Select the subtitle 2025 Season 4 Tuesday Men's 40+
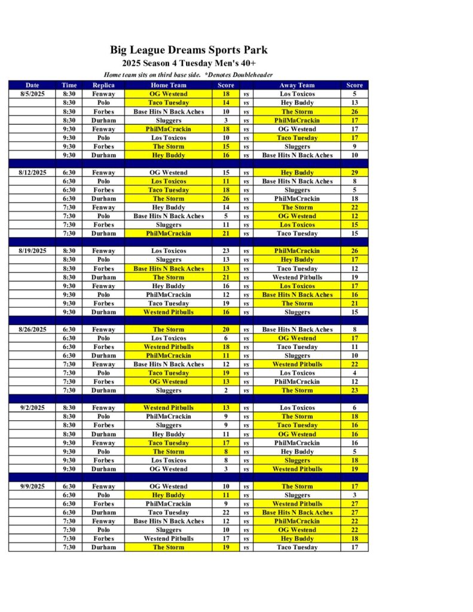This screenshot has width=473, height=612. [189, 63]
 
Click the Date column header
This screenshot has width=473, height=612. [32, 85]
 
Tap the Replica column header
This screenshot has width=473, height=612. [103, 85]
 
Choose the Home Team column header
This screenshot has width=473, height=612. [169, 85]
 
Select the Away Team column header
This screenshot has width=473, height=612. [297, 85]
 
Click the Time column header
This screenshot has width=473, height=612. [69, 85]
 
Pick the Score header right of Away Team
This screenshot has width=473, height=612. [355, 85]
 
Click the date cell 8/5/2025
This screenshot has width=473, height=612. [32, 94]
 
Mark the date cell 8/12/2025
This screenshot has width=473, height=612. [32, 173]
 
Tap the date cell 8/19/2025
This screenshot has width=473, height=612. [32, 251]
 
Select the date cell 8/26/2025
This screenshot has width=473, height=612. [32, 329]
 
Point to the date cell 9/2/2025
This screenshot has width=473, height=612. [32, 408]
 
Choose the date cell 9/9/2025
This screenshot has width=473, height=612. [32, 486]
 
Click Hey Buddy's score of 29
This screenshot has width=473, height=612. [355, 173]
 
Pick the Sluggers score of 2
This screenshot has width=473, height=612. [226, 390]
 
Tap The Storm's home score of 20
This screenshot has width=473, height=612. [226, 329]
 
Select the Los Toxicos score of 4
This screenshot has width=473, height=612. [355, 373]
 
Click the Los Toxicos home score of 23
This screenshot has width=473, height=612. [226, 251]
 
